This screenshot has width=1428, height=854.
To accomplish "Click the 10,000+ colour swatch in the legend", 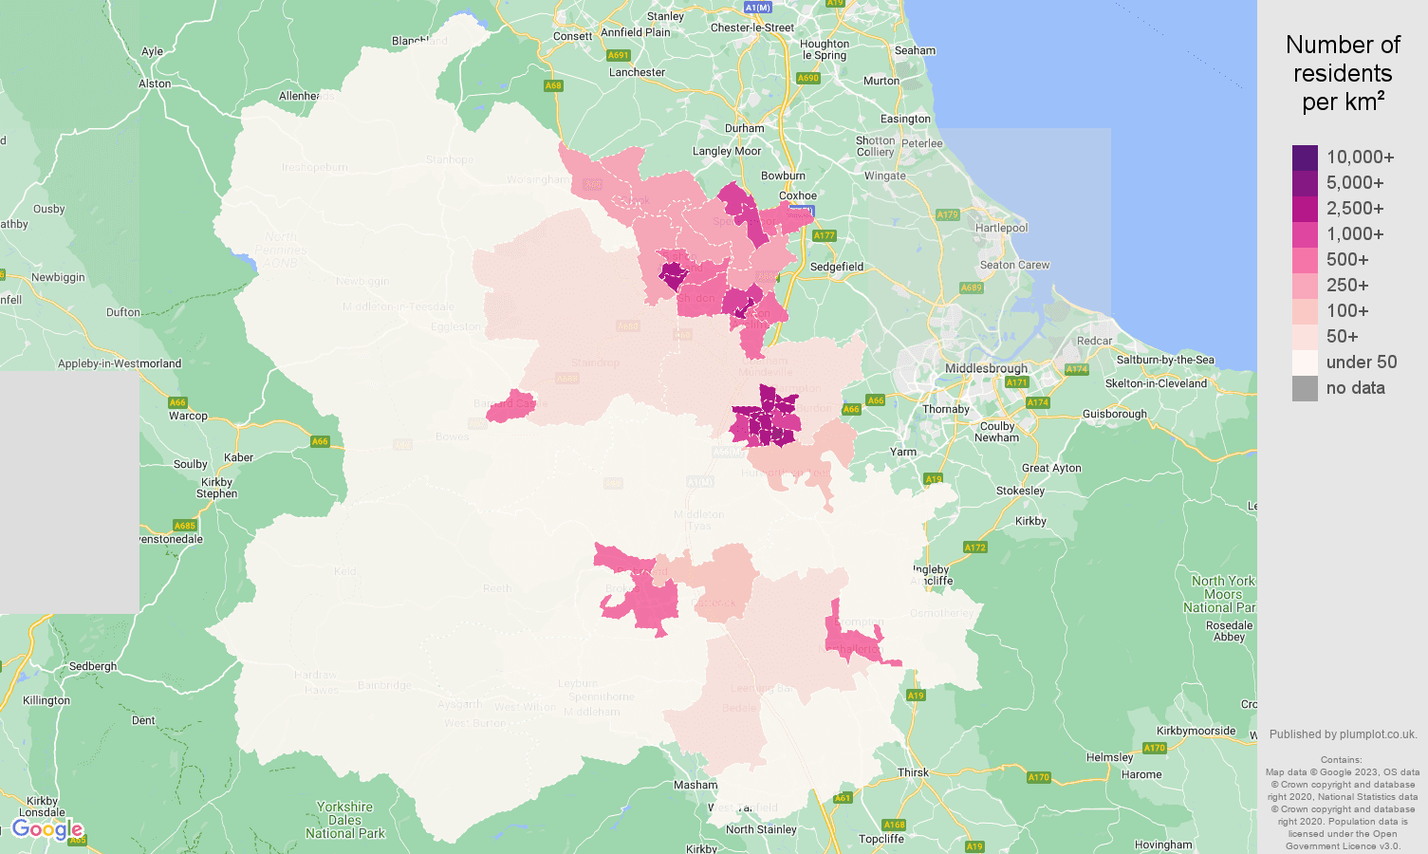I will (x=1305, y=158).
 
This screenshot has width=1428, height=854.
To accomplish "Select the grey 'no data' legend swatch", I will (x=1305, y=388).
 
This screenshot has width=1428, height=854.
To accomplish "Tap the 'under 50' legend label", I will (x=1361, y=362).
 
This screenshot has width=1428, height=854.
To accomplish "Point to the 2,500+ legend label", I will (x=1354, y=209).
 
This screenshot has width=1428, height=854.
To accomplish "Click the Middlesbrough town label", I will (x=986, y=368).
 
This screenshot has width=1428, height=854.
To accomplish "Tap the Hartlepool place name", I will (x=1001, y=228).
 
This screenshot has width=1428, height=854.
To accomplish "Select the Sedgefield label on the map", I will (x=836, y=267).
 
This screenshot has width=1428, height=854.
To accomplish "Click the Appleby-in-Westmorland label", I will (x=120, y=363).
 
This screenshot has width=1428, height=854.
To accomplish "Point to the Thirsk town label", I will (x=913, y=772).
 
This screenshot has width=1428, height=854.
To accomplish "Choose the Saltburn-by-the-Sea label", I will (x=1165, y=360).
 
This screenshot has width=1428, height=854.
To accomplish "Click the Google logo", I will (x=47, y=830).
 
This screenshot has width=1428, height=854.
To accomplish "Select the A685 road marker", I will (x=184, y=526).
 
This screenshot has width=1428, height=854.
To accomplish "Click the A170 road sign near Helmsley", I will (x=1154, y=748).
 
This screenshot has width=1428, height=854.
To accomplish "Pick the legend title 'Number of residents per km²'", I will (x=1343, y=73).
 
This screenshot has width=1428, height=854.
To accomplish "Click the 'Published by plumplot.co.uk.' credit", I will (x=1343, y=734).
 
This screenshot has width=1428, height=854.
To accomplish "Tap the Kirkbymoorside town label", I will (x=1196, y=731).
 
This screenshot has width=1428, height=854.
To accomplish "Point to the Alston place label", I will (x=155, y=84).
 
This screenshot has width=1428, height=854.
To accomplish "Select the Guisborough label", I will (x=1114, y=414).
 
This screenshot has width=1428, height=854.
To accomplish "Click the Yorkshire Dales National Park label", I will (x=344, y=820).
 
